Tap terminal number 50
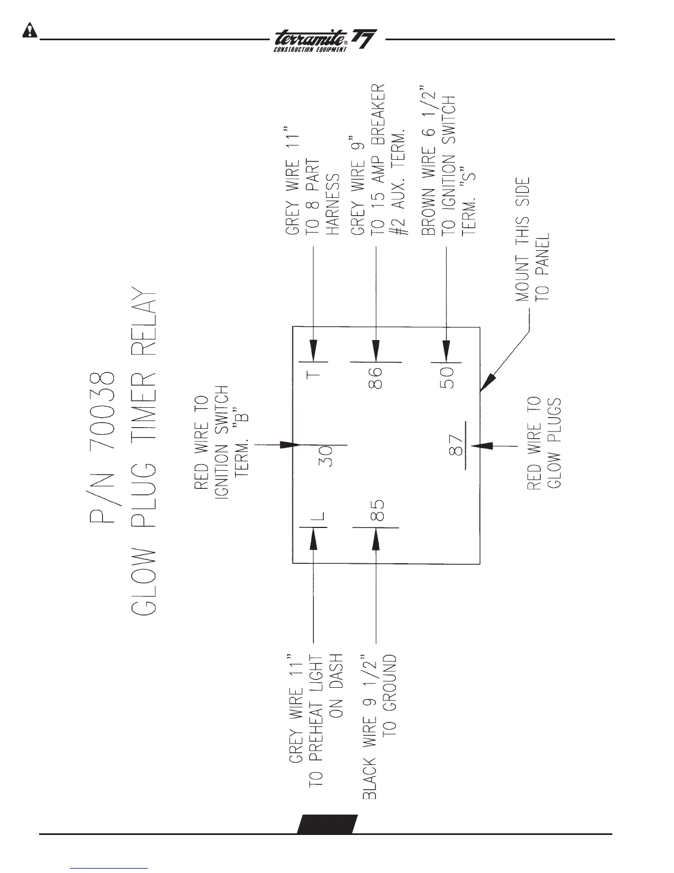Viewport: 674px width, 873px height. (x=447, y=379)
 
